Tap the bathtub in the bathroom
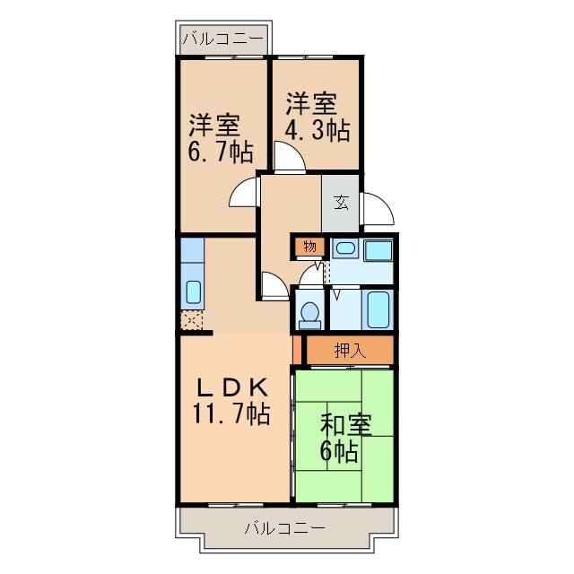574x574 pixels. (x=378, y=309)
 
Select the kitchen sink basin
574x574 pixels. (x=193, y=291)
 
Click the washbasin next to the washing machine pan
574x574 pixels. (x=345, y=249)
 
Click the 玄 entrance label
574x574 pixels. (x=342, y=203)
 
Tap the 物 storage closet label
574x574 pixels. (x=309, y=247)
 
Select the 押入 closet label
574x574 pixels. (x=349, y=351)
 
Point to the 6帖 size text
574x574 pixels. (x=341, y=451)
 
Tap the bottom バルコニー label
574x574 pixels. (x=284, y=528)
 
